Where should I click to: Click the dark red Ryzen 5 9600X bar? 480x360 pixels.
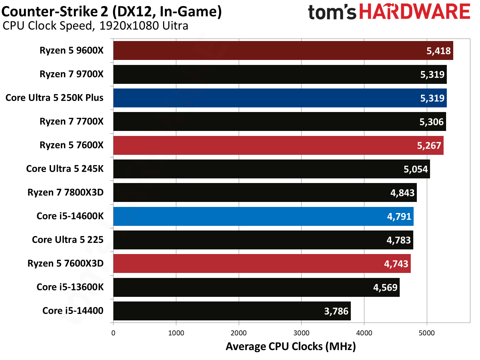tap(268, 51)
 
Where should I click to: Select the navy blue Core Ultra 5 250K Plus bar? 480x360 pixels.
tap(268, 98)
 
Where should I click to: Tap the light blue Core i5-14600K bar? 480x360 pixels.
tap(250, 217)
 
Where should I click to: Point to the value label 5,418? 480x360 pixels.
tap(439, 51)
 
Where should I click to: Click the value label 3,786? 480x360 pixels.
tap(336, 311)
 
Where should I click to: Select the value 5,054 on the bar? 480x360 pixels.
tap(415, 169)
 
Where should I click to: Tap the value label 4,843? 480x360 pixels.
tap(402, 193)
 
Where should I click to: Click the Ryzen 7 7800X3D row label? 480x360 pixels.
tap(65, 192)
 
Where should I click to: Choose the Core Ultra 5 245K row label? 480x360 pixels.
tap(65, 169)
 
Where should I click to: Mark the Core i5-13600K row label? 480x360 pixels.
tap(70, 287)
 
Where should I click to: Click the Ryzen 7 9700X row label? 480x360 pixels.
tap(71, 74)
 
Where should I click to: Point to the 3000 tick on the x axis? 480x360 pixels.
tap(301, 333)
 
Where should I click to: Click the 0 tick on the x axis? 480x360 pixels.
tap(113, 333)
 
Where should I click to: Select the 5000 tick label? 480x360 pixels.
tap(426, 333)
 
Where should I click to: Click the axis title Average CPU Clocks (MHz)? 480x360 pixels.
tap(290, 346)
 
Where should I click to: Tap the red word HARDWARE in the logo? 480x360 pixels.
tap(414, 12)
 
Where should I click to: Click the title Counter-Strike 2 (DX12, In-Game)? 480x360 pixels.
tap(111, 11)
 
